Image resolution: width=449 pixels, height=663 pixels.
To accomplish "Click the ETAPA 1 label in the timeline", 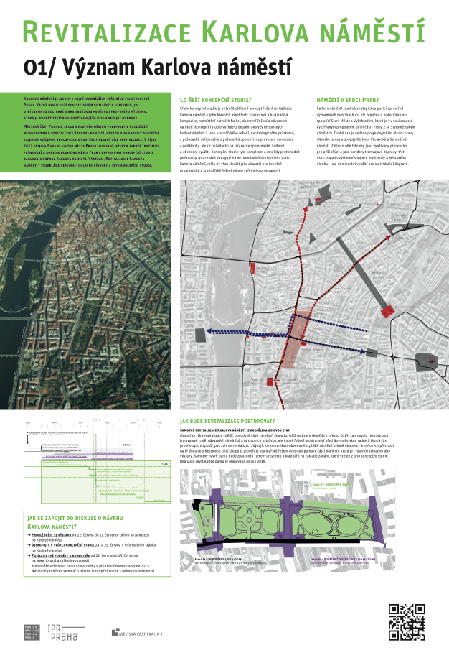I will click(127, 445).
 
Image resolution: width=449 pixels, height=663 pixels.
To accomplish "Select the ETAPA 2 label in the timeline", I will click(164, 463).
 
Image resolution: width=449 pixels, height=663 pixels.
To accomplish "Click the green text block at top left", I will click(89, 130).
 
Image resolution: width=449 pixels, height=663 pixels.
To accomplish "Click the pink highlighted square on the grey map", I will click(296, 330).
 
